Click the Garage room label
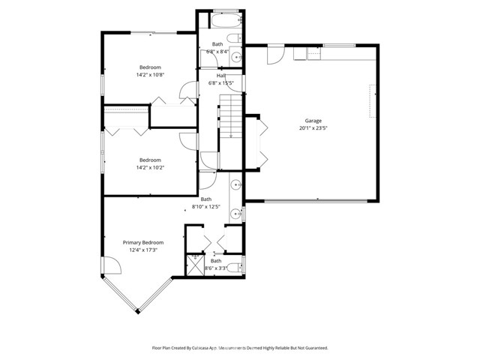coord(313,121)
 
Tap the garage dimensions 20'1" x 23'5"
coord(313,128)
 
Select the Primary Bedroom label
coord(142,242)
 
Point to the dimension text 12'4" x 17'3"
coord(142,250)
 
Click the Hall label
coord(221,75)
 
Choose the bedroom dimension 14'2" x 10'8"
coord(150,75)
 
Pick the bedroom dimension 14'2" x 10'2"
coord(150,167)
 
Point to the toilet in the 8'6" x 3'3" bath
coord(238,266)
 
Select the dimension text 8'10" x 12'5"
coord(206,206)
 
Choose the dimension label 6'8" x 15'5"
coord(221,82)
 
